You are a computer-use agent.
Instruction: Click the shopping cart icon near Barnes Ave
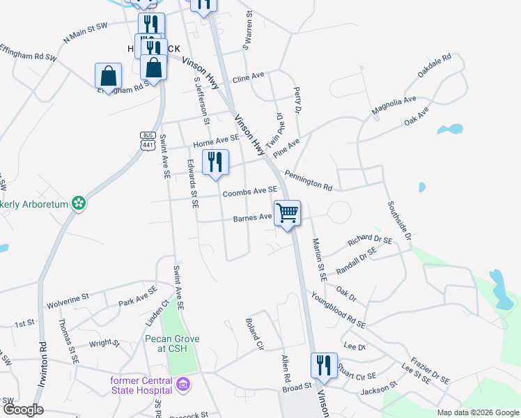[287, 213]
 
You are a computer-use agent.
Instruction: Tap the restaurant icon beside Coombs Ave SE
[215, 162]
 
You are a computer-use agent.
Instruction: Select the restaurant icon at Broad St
[323, 365]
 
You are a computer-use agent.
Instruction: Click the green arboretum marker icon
[79, 203]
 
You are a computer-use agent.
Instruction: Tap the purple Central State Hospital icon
[183, 384]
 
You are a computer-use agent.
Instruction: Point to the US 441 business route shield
[147, 142]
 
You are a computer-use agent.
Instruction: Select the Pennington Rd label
[308, 180]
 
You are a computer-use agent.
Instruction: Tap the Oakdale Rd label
[434, 65]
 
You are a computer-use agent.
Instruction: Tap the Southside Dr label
[399, 221]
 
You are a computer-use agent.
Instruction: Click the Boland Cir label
[254, 334]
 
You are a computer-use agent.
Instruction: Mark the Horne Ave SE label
[216, 142]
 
